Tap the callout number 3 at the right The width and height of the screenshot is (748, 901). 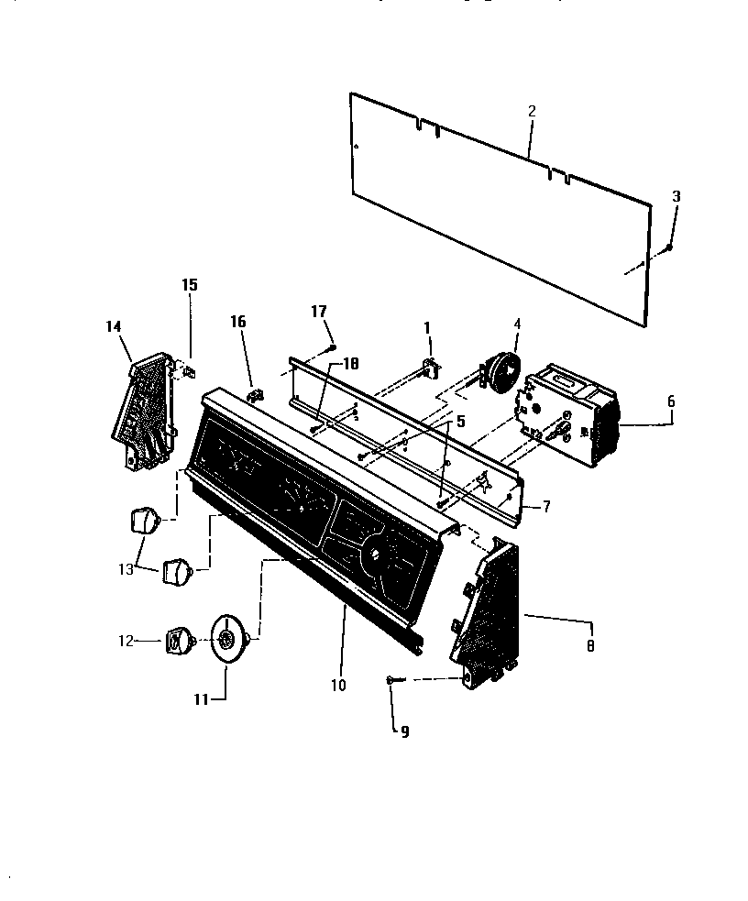tap(676, 196)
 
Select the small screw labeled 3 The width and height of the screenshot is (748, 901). tap(670, 247)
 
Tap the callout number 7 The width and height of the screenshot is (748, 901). tap(546, 506)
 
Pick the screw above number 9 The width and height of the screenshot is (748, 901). tap(392, 678)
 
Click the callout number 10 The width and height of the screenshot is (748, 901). tap(339, 685)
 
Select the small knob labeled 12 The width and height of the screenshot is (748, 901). tap(178, 641)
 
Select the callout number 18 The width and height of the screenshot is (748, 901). tap(320, 312)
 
